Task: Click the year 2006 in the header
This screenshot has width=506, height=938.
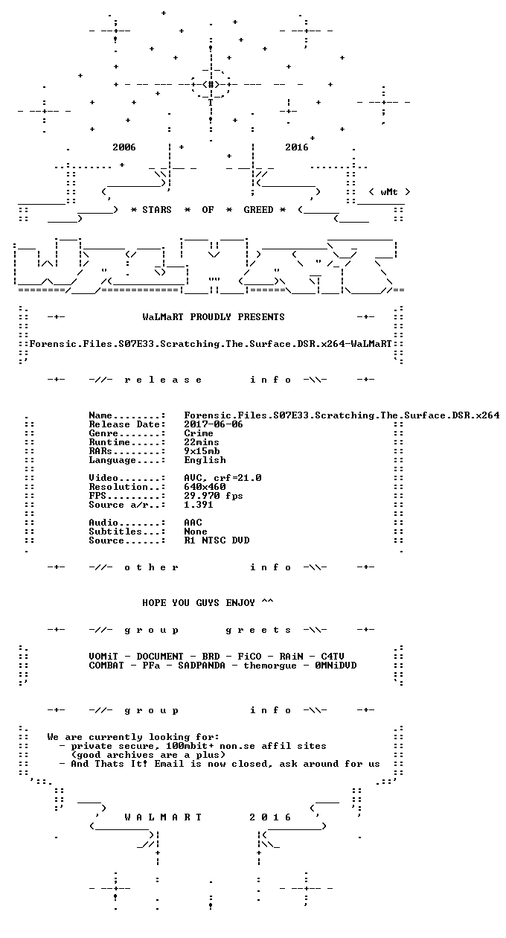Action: point(124,147)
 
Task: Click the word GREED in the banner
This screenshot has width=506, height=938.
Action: point(258,210)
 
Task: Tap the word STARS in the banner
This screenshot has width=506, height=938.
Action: point(157,210)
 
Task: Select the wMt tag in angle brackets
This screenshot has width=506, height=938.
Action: point(389,192)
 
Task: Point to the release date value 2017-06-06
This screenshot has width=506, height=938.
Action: point(214,424)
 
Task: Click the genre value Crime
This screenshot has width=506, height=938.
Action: point(199,433)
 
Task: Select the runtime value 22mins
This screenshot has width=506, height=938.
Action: point(202,442)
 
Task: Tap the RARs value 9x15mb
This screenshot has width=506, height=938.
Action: point(202,451)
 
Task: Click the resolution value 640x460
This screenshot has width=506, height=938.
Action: point(205,487)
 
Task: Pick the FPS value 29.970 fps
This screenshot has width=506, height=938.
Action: point(214,496)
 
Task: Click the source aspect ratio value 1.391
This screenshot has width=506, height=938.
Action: point(199,505)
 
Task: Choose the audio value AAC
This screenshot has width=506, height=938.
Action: point(193,523)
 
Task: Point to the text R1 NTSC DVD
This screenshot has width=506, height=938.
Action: point(217,540)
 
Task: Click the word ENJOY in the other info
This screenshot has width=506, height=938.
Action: point(240,602)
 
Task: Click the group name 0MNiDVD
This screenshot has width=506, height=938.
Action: point(336,666)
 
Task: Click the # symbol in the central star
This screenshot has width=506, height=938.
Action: point(211,84)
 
